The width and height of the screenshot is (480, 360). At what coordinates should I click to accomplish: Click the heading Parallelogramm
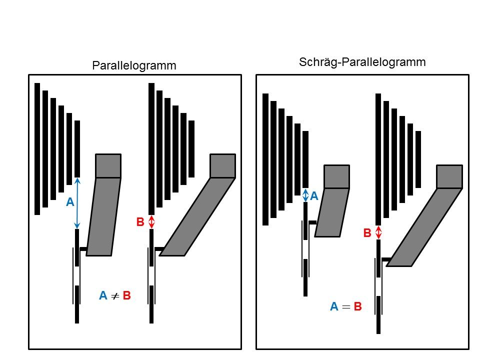tap(134, 65)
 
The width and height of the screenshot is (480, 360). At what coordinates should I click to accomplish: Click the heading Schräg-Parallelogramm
tap(362, 62)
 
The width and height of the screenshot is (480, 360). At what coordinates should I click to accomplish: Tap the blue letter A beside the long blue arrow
tap(70, 202)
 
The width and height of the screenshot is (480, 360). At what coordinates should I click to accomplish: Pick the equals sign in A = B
tap(345, 307)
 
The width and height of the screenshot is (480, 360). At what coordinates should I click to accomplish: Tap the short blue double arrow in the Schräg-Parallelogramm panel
tap(305, 195)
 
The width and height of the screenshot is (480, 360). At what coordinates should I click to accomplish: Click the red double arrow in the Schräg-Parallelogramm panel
tap(378, 232)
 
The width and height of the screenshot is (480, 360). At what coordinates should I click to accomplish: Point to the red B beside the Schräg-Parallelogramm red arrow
tap(367, 233)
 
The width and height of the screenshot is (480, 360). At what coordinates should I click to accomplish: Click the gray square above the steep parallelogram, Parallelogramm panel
tap(108, 166)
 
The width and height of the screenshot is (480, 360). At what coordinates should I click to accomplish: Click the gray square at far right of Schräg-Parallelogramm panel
tap(449, 176)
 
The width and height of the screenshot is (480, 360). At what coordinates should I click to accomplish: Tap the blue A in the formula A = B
tap(334, 307)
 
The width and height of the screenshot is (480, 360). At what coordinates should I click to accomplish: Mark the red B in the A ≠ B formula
tap(126, 296)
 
